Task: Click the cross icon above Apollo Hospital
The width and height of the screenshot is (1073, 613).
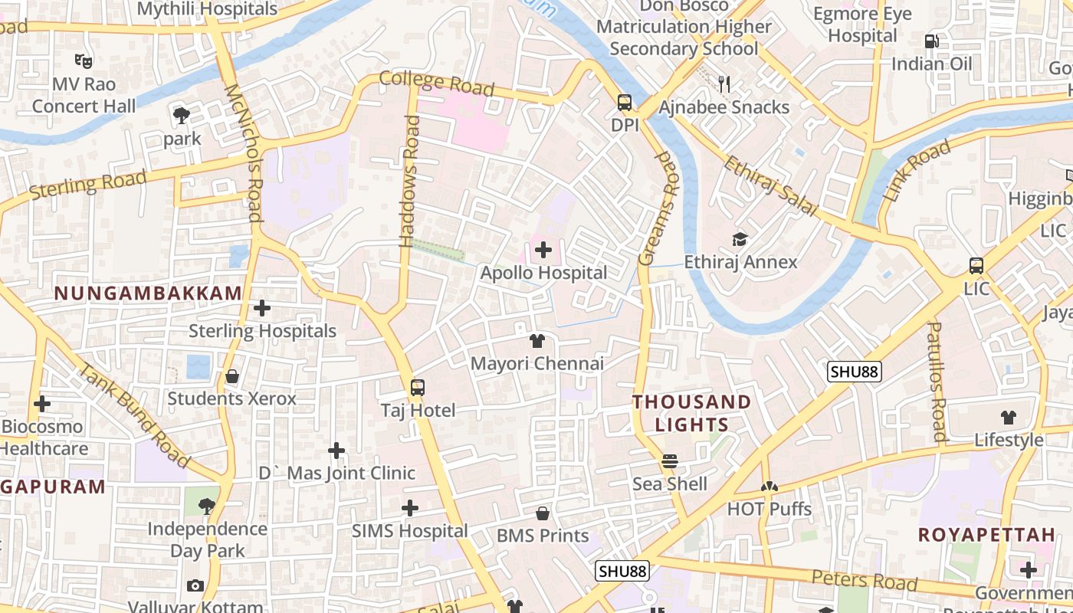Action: [543, 250]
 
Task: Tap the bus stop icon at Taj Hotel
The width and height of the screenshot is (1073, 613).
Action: [418, 388]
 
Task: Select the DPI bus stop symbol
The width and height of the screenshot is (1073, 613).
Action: [625, 103]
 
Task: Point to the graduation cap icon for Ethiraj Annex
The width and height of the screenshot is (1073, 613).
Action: [740, 240]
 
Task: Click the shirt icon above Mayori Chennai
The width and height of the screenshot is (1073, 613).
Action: [537, 341]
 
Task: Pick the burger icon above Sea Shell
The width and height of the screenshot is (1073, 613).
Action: [670, 461]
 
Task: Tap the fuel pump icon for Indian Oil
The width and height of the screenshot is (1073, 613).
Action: [932, 41]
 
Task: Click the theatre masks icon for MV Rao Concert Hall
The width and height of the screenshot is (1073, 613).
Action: [84, 61]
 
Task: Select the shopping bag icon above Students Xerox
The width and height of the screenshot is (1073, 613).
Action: [232, 376]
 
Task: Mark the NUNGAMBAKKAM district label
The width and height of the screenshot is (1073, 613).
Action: [148, 293]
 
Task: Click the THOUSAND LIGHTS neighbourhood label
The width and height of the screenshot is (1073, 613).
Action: [691, 413]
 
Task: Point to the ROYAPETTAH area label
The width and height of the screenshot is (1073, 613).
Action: [986, 535]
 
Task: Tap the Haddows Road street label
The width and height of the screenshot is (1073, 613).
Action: [412, 181]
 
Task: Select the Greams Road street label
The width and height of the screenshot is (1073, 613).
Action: [658, 208]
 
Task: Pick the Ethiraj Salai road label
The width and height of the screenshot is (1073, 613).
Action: [770, 186]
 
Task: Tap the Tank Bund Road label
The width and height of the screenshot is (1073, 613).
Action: [135, 415]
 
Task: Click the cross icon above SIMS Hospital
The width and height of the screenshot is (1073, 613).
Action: [410, 508]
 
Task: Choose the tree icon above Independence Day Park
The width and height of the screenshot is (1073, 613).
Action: [206, 506]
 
